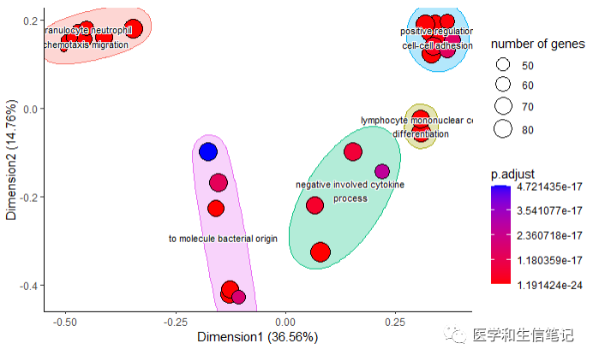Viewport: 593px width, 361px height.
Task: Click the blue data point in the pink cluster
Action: coord(207,152)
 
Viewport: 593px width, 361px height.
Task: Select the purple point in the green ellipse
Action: coord(382,171)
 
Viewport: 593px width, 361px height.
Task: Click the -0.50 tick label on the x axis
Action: coord(65,321)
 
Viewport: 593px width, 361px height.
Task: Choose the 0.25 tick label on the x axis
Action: coord(395,321)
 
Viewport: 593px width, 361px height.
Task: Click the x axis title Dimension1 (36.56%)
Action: coord(257,337)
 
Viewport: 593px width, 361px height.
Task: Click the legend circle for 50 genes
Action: coord(503,65)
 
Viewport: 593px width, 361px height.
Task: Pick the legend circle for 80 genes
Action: coord(503,129)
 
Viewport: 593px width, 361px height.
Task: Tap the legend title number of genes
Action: coord(537,44)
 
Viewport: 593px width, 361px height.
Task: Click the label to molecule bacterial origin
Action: coord(223,239)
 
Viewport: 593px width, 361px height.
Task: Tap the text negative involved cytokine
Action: coord(350,185)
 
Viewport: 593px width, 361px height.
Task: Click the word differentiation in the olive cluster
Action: coord(421,133)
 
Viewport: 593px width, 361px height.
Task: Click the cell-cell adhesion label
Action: coord(437,46)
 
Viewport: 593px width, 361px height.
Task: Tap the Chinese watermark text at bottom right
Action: coord(523,335)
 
